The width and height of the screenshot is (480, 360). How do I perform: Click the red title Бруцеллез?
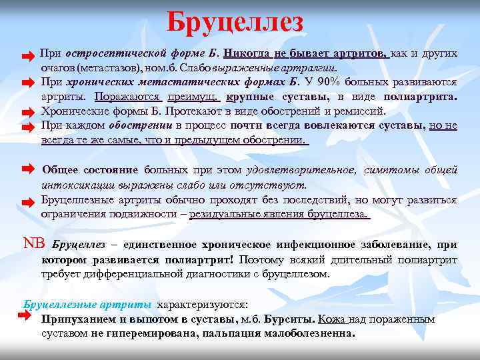point(235,22)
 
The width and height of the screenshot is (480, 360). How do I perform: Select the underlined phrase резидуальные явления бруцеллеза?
point(279,214)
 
